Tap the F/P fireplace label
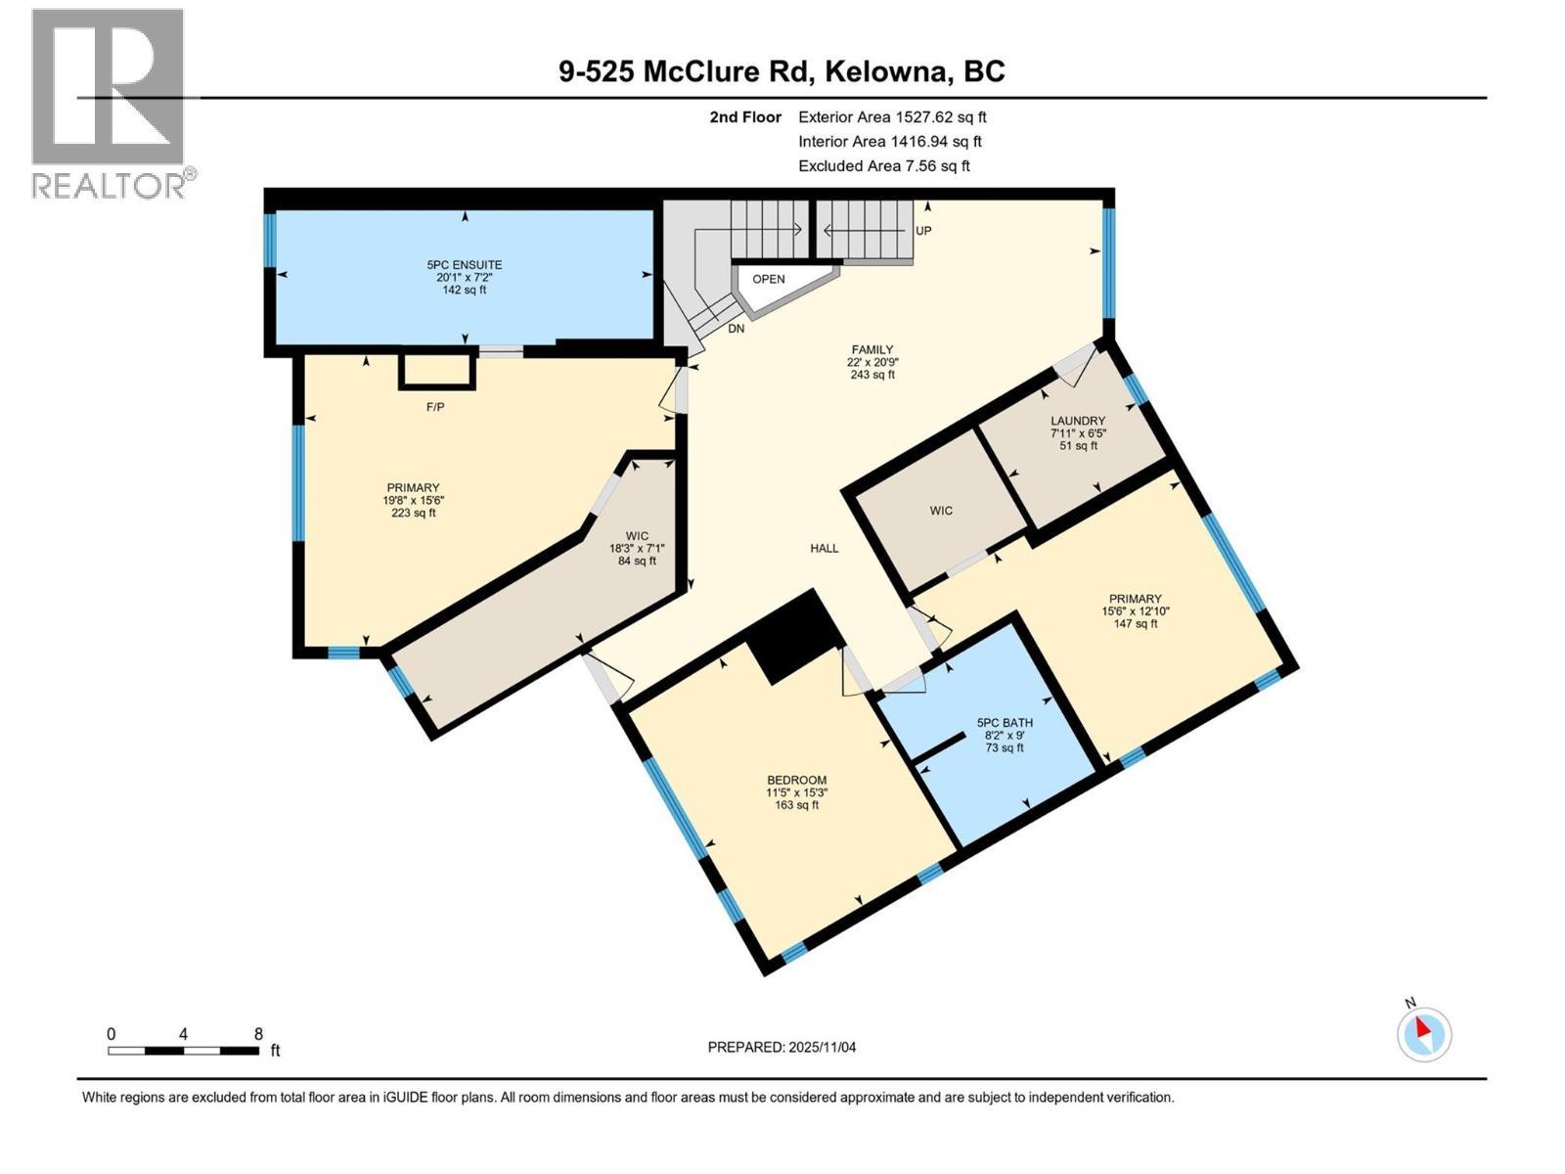pos(435,407)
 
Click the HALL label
pos(824,549)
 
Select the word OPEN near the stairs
pos(769,279)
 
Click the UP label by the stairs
pos(923,231)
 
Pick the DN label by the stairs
pos(736,329)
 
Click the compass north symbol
pos(1424,1033)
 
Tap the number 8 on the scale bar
pos(258,1034)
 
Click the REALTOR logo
pos(110,103)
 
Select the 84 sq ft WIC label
pos(637,548)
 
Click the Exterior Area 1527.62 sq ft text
pos(892,117)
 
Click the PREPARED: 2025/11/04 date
pos(782,1047)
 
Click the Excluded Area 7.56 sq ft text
pos(883,166)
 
